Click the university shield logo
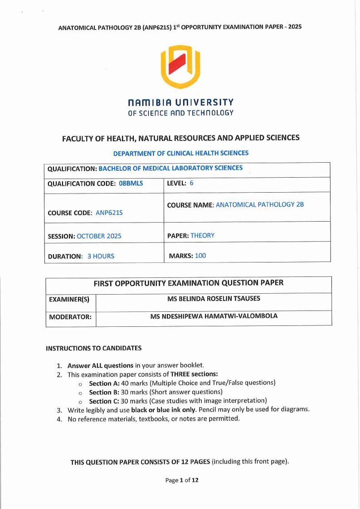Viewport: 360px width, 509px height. [x=181, y=67]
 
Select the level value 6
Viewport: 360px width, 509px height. [x=192, y=183]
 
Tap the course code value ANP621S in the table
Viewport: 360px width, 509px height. [x=109, y=213]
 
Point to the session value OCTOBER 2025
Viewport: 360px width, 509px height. [x=99, y=236]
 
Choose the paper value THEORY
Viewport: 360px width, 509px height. [x=202, y=236]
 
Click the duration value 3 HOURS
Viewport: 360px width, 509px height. [x=101, y=256]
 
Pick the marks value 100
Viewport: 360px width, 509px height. [x=200, y=256]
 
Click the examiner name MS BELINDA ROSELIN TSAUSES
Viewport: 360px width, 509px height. [x=214, y=299]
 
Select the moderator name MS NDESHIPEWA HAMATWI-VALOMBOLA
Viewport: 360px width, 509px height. [x=214, y=316]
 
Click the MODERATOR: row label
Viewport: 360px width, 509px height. [x=70, y=317]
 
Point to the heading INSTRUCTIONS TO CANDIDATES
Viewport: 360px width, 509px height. [x=94, y=349]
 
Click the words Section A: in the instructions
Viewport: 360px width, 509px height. [x=104, y=383]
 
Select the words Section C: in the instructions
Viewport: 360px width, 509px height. [x=104, y=401]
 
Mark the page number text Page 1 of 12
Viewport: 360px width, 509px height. [x=182, y=480]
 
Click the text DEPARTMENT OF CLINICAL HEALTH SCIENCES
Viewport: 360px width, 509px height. [x=180, y=153]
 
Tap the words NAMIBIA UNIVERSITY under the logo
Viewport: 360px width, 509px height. [x=180, y=102]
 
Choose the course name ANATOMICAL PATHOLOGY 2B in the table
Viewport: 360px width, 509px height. [x=260, y=204]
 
